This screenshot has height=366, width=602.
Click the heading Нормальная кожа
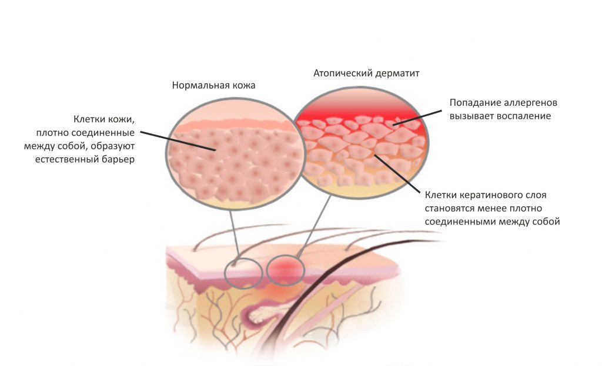coord(213,85)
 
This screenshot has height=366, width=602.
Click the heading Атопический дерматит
coord(366,73)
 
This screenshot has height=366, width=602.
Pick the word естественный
coord(67,159)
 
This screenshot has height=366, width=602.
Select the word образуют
coord(114,146)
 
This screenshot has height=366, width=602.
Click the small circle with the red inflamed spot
coord(285,270)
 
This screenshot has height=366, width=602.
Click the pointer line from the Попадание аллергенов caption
coord(417,117)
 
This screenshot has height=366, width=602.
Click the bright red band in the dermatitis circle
coord(361,111)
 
